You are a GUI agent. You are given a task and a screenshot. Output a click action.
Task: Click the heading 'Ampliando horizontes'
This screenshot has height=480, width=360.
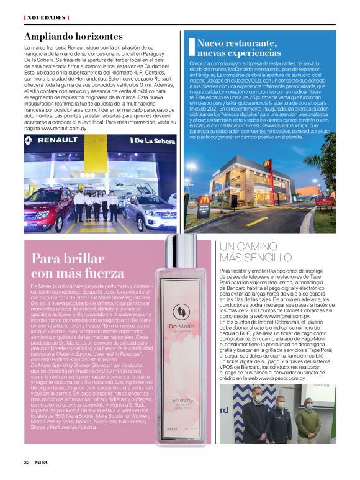point(73,36)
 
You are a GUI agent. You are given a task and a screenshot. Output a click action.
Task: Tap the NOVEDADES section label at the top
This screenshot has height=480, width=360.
point(45,17)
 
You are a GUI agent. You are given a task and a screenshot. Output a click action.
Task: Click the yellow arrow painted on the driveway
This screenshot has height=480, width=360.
point(261,220)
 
